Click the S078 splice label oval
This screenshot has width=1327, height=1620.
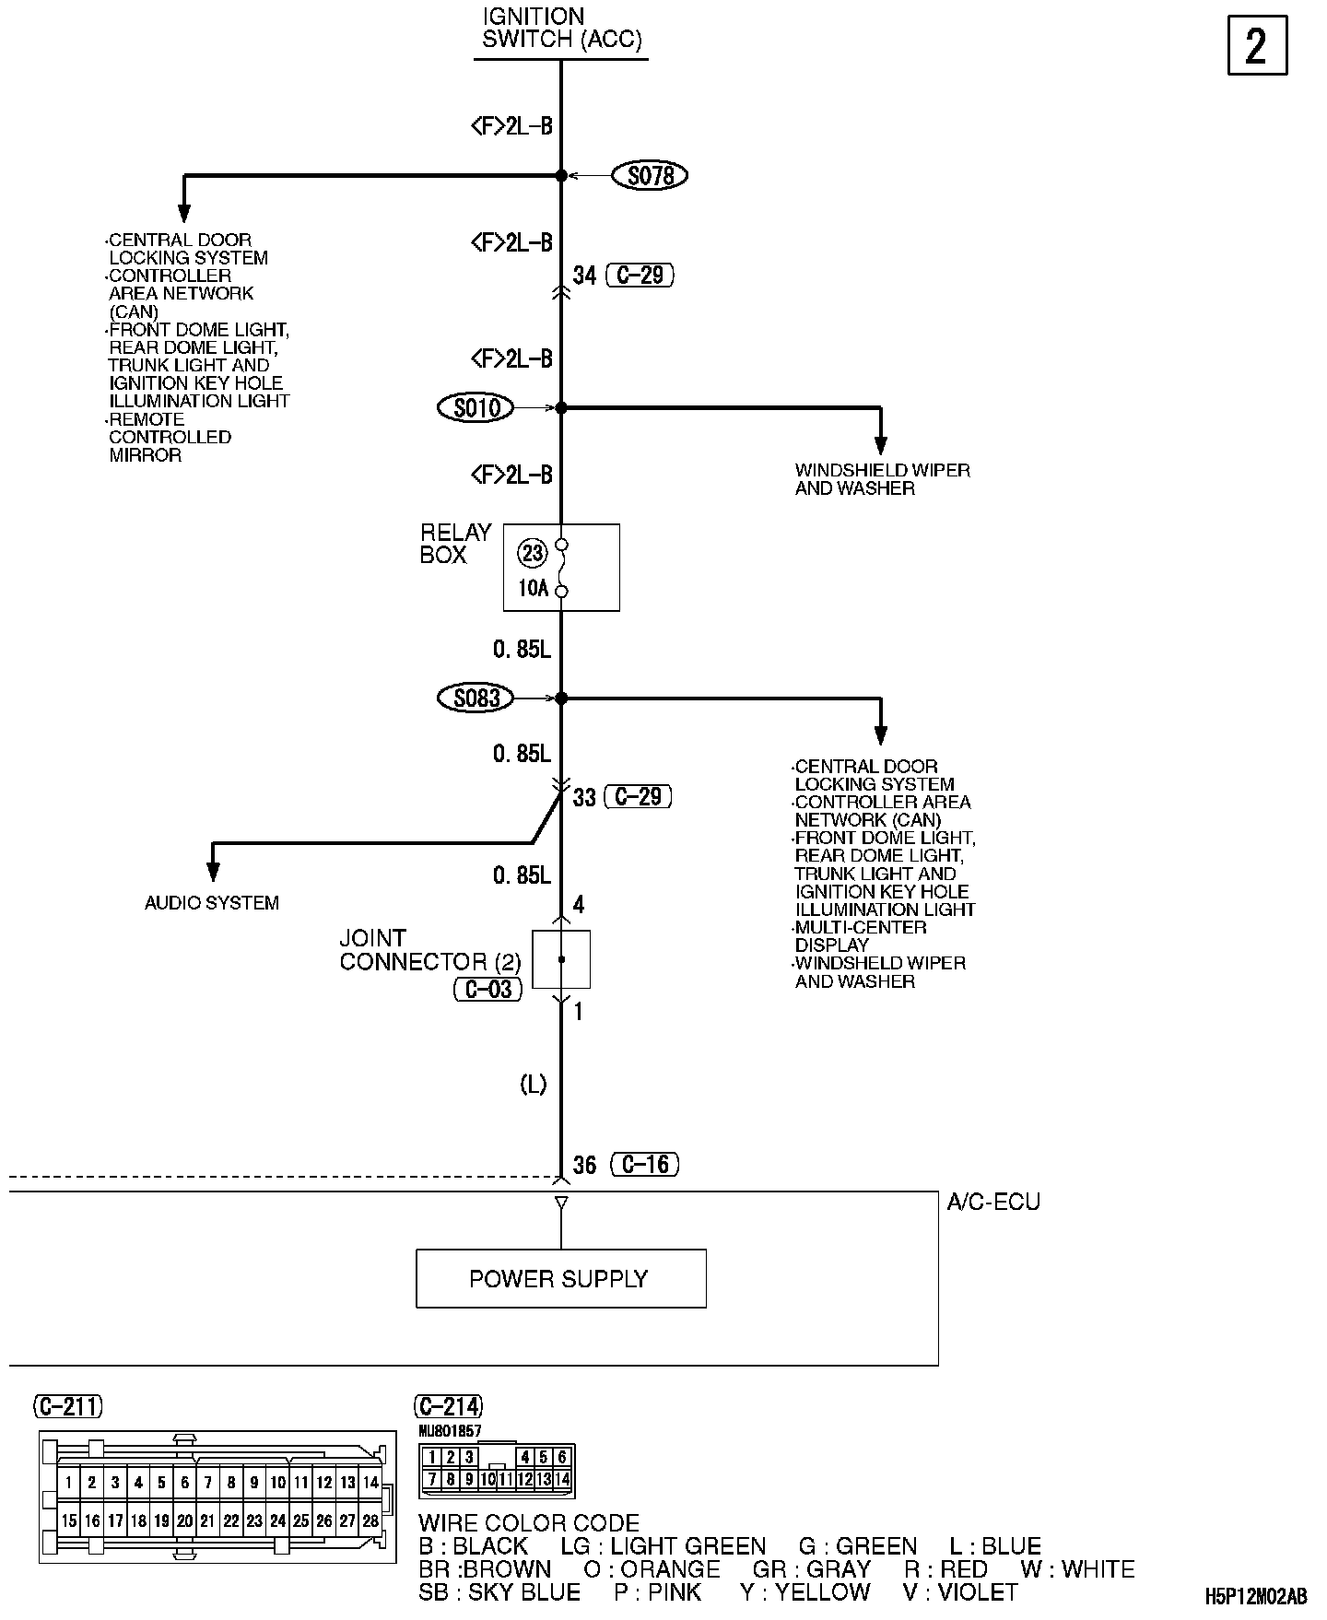[x=650, y=175]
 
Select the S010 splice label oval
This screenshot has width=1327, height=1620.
[x=476, y=407]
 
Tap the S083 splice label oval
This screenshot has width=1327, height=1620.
[x=476, y=698]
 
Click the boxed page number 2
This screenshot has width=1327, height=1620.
[x=1257, y=46]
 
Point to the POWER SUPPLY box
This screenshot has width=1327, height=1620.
[x=560, y=1278]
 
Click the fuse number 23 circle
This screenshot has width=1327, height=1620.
[x=533, y=553]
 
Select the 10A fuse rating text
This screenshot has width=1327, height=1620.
[x=533, y=588]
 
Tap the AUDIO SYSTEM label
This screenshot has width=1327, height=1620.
[x=212, y=903]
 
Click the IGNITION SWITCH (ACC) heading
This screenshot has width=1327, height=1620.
[x=560, y=29]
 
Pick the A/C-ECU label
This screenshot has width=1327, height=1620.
[x=993, y=1202]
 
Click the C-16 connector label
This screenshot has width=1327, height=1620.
[x=645, y=1165]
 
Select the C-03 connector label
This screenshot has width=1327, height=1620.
[x=488, y=990]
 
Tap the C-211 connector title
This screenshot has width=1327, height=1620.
[x=68, y=1406]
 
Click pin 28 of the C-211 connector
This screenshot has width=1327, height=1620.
[x=370, y=1521]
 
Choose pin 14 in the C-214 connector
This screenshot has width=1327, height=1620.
[x=562, y=1480]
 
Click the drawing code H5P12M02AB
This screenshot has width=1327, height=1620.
[x=1255, y=1596]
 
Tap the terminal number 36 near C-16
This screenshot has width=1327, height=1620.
[x=585, y=1166]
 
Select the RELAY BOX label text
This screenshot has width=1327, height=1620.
[x=455, y=544]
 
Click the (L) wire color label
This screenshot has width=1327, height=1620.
[x=534, y=1085]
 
